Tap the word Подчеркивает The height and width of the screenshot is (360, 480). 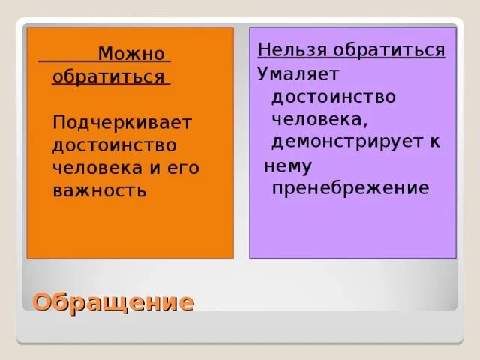tap(122, 122)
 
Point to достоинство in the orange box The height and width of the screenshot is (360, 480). tap(115, 145)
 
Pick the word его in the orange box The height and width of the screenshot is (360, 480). tap(182, 168)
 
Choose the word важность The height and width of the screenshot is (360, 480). tap(99, 190)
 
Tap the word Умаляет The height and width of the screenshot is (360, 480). tap(298, 73)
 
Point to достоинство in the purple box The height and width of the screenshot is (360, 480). tap(334, 97)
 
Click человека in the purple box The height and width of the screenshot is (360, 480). tap(317, 119)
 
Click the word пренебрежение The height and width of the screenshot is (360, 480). tap(350, 187)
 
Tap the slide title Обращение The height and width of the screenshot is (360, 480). tap(113, 302)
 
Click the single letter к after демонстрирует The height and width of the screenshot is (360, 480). tap(435, 142)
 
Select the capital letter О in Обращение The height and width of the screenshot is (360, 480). tap(43, 302)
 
